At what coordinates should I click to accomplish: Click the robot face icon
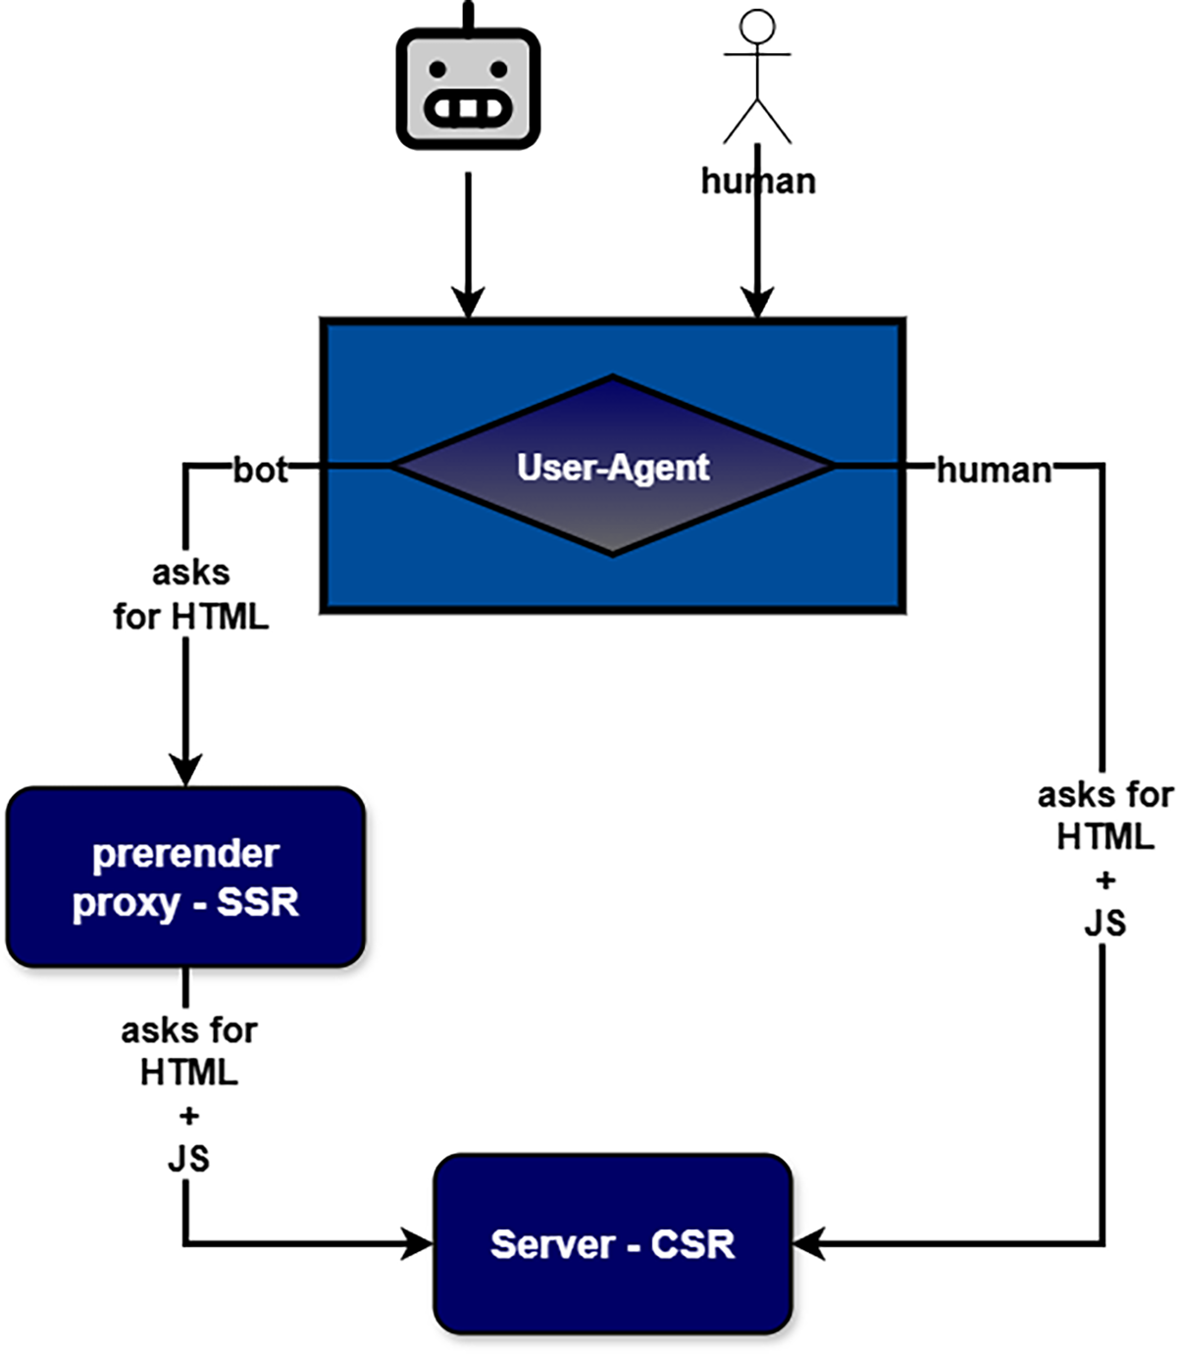coord(468,88)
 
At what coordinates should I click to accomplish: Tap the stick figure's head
coord(757,25)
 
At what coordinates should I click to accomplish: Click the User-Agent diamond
coord(613,467)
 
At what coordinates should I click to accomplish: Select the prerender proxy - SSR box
coord(185,878)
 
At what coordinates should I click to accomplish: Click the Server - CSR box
coord(613,1244)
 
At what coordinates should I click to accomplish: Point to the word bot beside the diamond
coord(260,470)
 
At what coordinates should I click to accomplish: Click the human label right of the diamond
coord(994,470)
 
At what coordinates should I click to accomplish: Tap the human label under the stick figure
coord(758,180)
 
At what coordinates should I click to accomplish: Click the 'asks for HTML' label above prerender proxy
coord(190,595)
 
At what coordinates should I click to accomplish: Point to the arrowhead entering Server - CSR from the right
coord(807,1244)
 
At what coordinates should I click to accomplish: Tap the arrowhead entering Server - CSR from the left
coord(419,1244)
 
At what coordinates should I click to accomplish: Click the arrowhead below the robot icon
coord(469,302)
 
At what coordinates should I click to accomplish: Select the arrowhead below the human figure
coord(757,302)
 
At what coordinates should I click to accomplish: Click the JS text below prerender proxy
coord(188,1158)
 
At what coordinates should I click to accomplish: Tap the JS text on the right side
coord(1104,923)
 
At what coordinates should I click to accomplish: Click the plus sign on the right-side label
coord(1105,879)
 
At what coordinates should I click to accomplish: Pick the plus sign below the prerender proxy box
coord(188,1116)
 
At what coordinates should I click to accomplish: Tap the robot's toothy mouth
coord(468,109)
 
